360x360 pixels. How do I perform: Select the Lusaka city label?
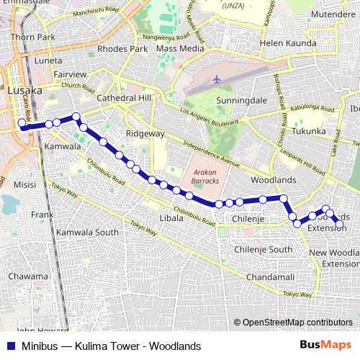(x=24, y=91)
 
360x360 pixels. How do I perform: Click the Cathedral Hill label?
(x=122, y=97)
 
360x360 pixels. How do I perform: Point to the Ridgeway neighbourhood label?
(x=145, y=134)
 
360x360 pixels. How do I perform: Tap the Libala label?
(x=171, y=217)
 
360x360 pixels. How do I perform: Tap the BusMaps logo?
(x=330, y=345)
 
